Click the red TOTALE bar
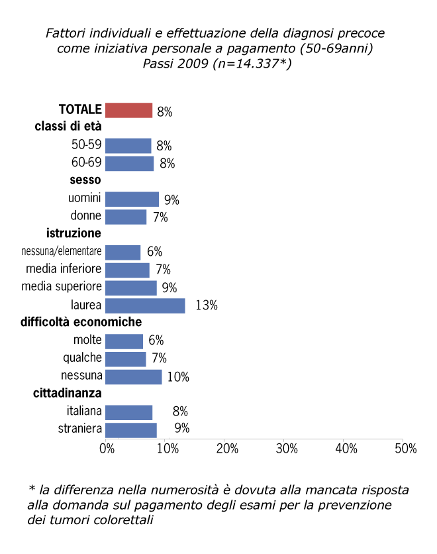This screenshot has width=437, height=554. [x=129, y=111]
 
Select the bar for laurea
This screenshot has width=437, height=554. [x=145, y=305]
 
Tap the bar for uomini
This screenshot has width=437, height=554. [x=132, y=199]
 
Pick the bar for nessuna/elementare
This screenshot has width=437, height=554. [x=123, y=252]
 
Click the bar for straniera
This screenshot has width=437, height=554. [x=131, y=430]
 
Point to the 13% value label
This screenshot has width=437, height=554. [x=207, y=306]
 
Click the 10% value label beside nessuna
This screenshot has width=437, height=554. [x=178, y=377]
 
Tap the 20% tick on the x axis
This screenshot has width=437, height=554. [x=226, y=449]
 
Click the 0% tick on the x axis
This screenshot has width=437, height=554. [x=107, y=449]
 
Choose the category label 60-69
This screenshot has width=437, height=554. [x=86, y=163]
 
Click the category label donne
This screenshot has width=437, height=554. [x=86, y=216]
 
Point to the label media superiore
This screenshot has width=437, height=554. [x=62, y=287]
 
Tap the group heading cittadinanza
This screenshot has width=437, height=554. [x=67, y=394]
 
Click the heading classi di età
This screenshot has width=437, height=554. [x=68, y=127]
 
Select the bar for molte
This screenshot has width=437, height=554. [x=124, y=341]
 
